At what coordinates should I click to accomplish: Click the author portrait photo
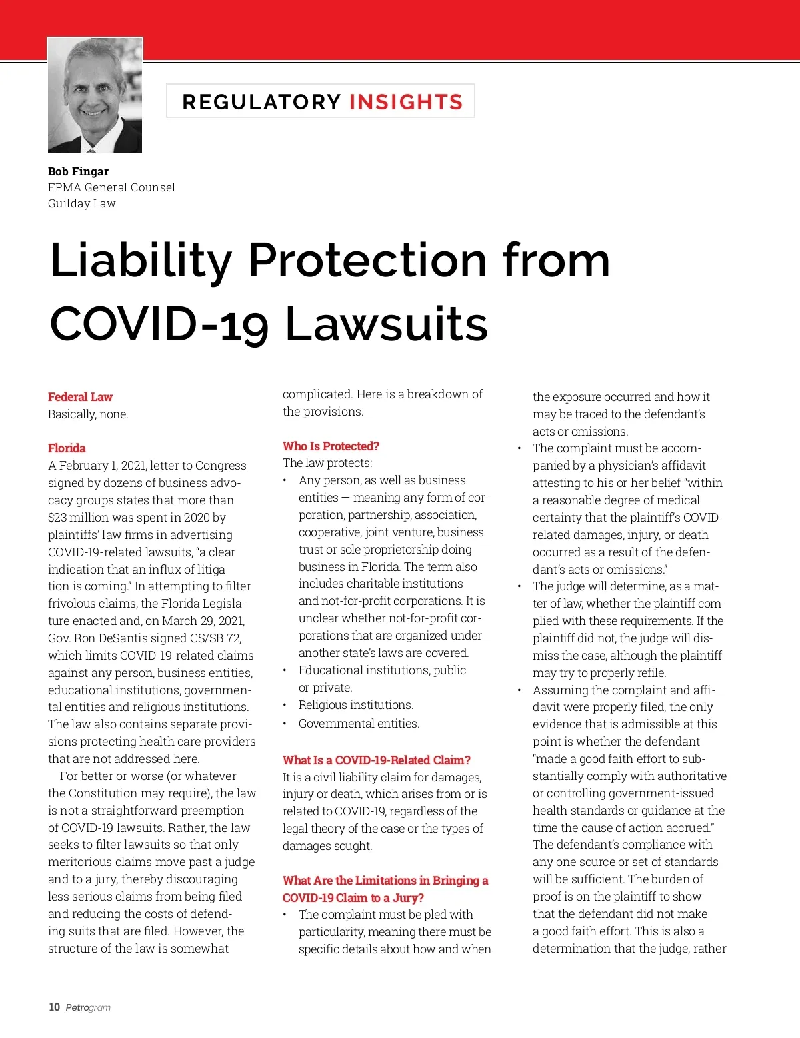pyautogui.click(x=95, y=95)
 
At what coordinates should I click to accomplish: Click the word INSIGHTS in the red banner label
pyautogui.click(x=405, y=102)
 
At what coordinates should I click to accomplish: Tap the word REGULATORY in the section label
pyautogui.click(x=261, y=102)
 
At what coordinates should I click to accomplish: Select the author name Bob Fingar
pyautogui.click(x=78, y=171)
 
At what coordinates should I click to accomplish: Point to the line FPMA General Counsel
pyautogui.click(x=111, y=187)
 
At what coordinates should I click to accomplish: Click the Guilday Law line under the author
pyautogui.click(x=81, y=203)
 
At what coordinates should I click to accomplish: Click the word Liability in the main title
pyautogui.click(x=141, y=260)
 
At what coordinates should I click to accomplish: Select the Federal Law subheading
pyautogui.click(x=80, y=397)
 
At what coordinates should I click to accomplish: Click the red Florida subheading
pyautogui.click(x=67, y=448)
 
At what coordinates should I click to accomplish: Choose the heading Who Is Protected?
pyautogui.click(x=331, y=446)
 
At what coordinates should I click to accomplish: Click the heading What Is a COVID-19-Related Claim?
pyautogui.click(x=377, y=760)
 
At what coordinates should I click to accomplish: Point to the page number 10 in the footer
pyautogui.click(x=54, y=1007)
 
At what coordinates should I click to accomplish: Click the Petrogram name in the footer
pyautogui.click(x=88, y=1008)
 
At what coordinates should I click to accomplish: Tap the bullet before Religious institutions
pyautogui.click(x=285, y=706)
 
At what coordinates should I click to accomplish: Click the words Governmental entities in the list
pyautogui.click(x=359, y=724)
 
